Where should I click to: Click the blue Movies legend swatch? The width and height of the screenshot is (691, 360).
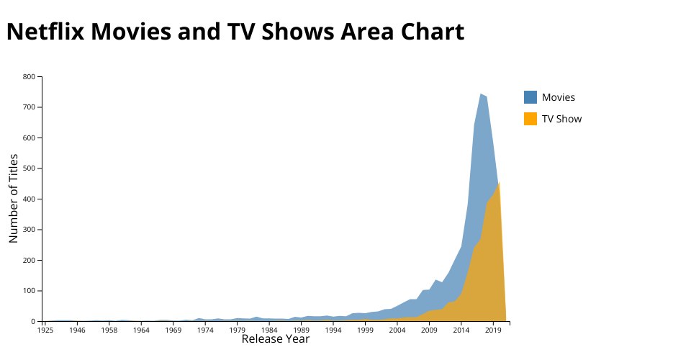[530, 97]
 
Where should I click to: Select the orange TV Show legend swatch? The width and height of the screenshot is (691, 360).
[530, 119]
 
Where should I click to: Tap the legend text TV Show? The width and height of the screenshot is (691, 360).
[561, 119]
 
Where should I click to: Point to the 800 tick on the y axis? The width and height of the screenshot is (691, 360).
[29, 76]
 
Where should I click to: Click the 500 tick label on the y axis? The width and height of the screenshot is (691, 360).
[29, 168]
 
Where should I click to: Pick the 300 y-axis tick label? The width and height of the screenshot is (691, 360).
[29, 230]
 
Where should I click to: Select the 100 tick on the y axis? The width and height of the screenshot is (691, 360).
[29, 291]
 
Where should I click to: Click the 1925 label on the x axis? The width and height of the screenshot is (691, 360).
[45, 330]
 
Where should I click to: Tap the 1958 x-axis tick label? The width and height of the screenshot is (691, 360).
[109, 330]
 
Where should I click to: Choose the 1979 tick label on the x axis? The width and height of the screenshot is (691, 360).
[238, 330]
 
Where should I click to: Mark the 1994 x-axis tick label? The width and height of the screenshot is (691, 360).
[333, 330]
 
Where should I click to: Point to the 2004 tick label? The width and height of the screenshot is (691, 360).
[397, 330]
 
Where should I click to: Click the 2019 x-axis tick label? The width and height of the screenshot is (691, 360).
[493, 330]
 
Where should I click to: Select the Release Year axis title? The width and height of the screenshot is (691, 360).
[275, 339]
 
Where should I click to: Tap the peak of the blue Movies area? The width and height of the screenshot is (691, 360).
[480, 94]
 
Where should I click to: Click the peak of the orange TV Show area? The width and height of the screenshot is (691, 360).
[499, 184]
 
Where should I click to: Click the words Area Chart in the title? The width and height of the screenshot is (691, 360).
[403, 32]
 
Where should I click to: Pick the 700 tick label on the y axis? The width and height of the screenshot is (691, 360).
[29, 107]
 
